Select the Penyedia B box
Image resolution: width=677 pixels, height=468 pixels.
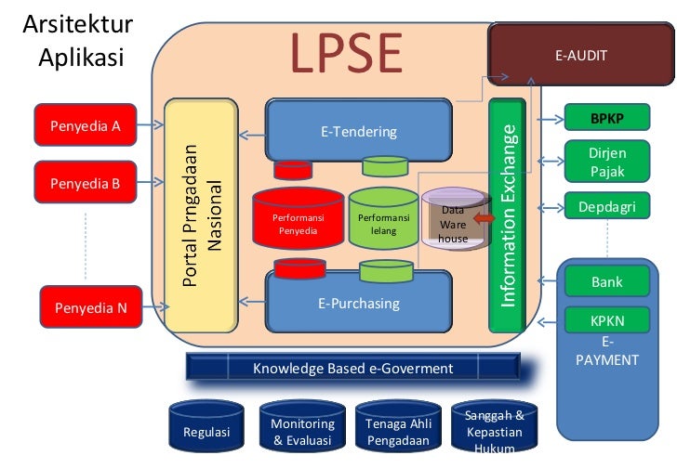(85, 183)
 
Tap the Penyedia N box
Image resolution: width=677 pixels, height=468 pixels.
(89, 308)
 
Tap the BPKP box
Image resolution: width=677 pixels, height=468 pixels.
(609, 119)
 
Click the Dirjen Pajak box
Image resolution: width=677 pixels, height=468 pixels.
(609, 162)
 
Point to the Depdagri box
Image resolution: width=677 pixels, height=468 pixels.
(609, 205)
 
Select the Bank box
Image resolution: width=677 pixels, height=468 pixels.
(607, 281)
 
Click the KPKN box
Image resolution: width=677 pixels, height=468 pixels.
(607, 320)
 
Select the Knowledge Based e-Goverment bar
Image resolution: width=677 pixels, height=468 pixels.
(352, 369)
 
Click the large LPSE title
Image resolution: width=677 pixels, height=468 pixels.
(345, 54)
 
